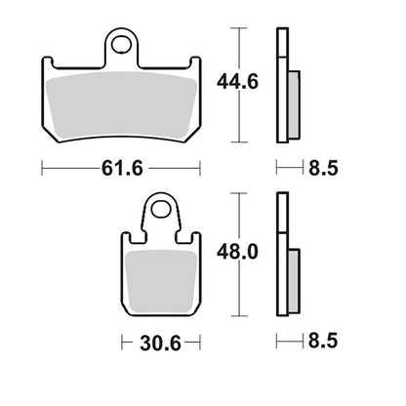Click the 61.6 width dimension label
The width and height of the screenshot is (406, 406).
[122, 169]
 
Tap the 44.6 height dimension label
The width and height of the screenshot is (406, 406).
[237, 82]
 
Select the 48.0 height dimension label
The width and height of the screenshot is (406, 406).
[237, 252]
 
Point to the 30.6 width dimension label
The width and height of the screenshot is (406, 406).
[160, 344]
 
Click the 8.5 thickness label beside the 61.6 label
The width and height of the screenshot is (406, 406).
[323, 169]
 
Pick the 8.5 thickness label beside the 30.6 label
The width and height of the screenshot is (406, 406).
[323, 341]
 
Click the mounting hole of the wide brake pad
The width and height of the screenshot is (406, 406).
[121, 45]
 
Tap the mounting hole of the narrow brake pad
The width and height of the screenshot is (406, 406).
[161, 209]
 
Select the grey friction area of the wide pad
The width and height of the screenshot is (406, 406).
[121, 104]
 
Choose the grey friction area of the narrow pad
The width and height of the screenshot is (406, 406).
[161, 282]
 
